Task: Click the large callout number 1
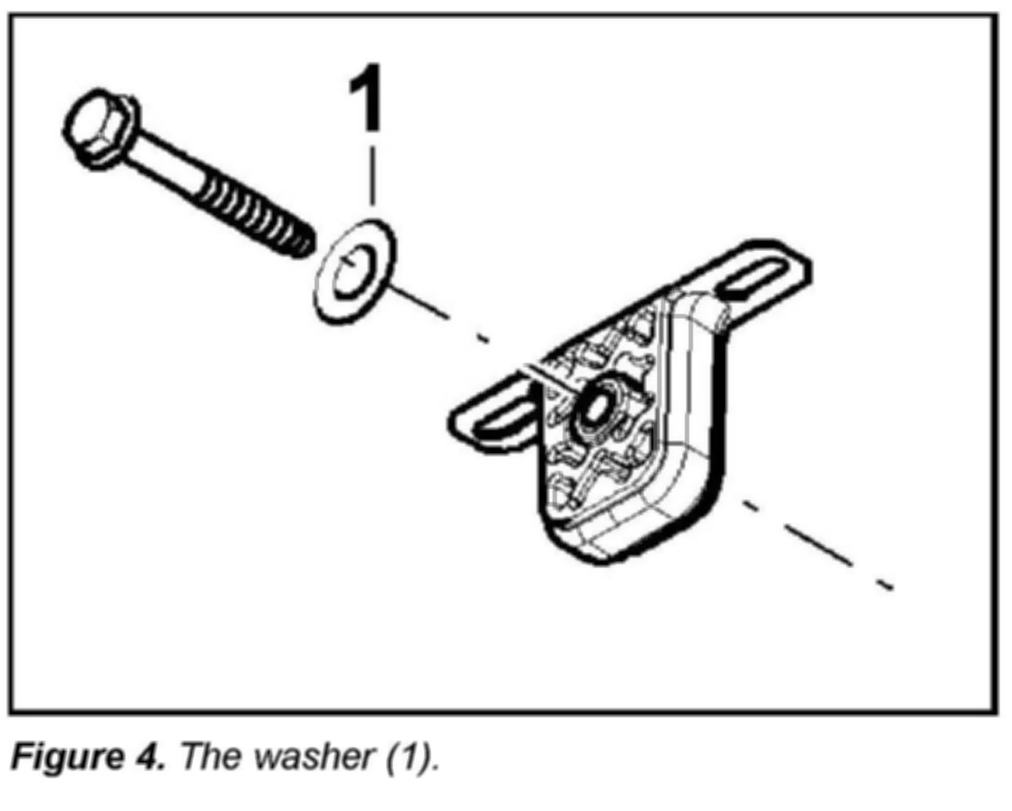click(370, 100)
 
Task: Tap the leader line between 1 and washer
click(371, 177)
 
